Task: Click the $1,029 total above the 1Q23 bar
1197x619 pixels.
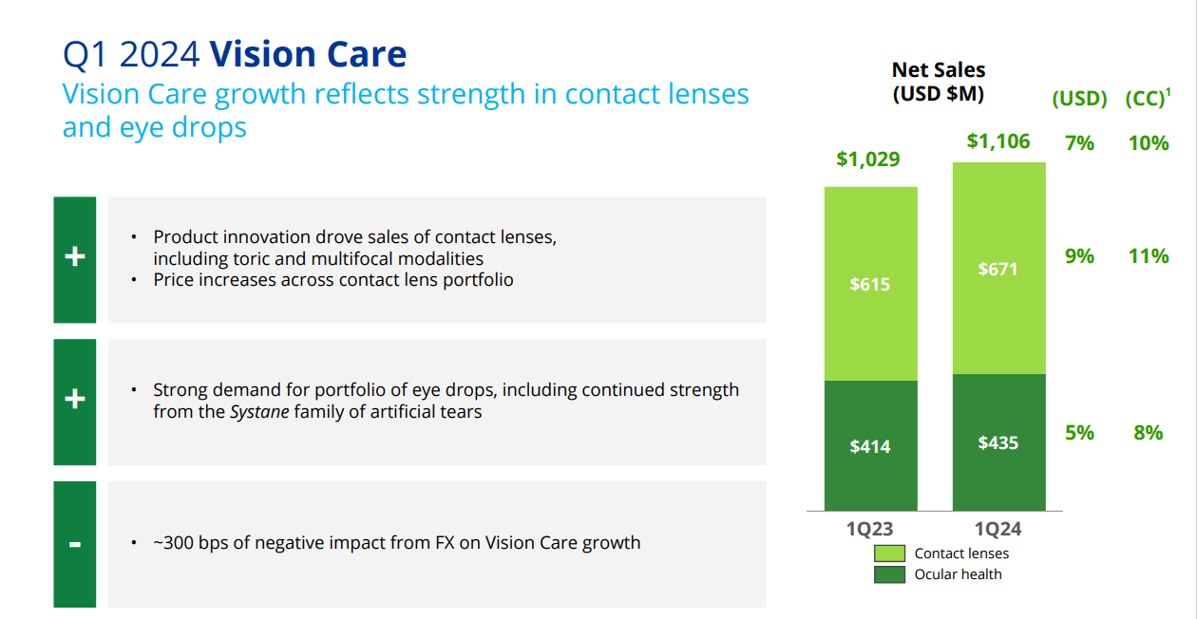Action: [868, 159]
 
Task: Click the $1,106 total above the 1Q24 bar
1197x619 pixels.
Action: [997, 141]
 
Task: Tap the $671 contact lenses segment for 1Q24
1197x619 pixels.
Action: [997, 269]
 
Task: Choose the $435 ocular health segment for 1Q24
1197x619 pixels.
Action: [997, 442]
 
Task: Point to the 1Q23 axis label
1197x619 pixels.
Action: [869, 529]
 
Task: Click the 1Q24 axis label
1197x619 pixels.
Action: [997, 529]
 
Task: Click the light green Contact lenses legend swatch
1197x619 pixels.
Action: [889, 553]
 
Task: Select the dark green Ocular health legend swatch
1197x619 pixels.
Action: [889, 574]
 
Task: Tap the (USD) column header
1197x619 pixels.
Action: [1079, 99]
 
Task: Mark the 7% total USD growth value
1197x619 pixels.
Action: [1079, 143]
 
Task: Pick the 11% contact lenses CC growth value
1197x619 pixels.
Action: [1149, 256]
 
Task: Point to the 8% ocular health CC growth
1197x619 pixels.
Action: [1148, 433]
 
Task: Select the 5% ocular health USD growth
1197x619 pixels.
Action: [1079, 433]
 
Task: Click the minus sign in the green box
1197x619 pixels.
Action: [75, 545]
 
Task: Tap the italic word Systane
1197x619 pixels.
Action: [258, 412]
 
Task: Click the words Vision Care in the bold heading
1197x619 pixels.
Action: [308, 54]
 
